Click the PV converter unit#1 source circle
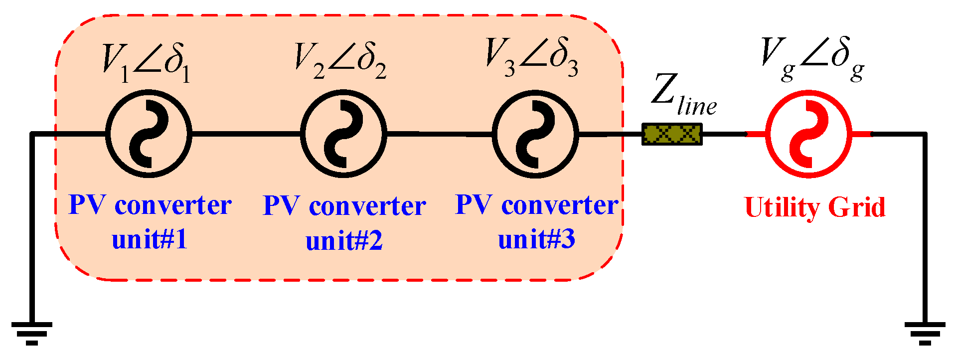[x=149, y=134]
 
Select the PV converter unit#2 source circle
[x=343, y=134]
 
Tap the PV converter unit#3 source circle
[x=536, y=134]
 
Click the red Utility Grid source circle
[x=808, y=134]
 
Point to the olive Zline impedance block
[x=672, y=134]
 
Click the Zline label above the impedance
[x=683, y=95]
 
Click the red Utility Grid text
[x=814, y=207]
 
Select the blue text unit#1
[x=150, y=239]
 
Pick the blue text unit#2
[x=344, y=241]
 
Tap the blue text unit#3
[x=537, y=239]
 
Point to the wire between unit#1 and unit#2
[x=246, y=134]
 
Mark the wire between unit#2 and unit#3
[x=439, y=134]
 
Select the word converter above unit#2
[x=367, y=206]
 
